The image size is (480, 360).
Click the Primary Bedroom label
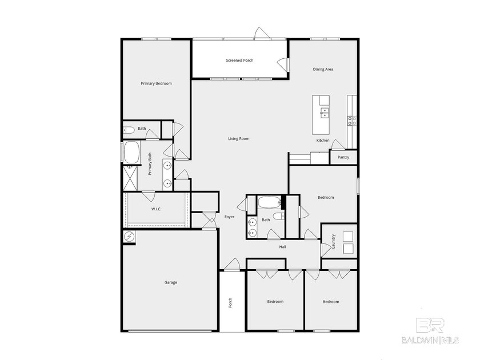pyautogui.click(x=156, y=83)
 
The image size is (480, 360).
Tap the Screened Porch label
pyautogui.click(x=239, y=61)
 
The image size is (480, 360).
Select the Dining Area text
pyautogui.click(x=323, y=69)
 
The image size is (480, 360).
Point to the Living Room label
pyautogui.click(x=239, y=139)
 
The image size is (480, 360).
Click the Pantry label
pyautogui.click(x=343, y=157)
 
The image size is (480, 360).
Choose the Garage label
pyautogui.click(x=170, y=282)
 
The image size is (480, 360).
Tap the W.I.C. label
pyautogui.click(x=156, y=209)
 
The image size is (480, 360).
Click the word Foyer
pyautogui.click(x=229, y=217)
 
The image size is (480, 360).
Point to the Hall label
pyautogui.click(x=282, y=247)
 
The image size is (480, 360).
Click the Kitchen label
pyautogui.click(x=323, y=141)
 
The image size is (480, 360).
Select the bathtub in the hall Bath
pyautogui.click(x=269, y=202)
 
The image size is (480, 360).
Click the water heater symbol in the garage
pyautogui.click(x=129, y=236)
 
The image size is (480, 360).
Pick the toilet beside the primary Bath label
pyautogui.click(x=128, y=130)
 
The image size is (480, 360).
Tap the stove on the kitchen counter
pyautogui.click(x=352, y=120)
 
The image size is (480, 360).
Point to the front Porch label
pyautogui.click(x=231, y=302)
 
